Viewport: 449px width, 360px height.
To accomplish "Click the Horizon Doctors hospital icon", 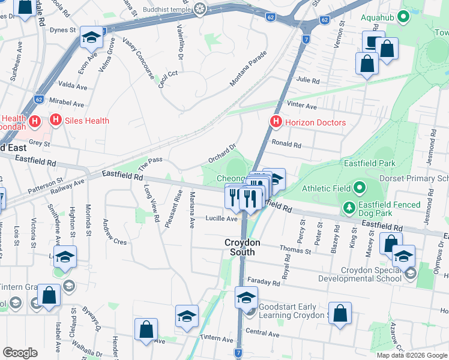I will [x=276, y=122].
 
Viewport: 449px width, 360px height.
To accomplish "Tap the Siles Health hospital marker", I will [x=56, y=121].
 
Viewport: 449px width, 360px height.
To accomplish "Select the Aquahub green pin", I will [x=404, y=17].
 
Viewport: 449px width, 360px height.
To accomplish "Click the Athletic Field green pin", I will [x=360, y=188].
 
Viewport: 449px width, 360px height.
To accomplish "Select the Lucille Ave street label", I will [x=221, y=219].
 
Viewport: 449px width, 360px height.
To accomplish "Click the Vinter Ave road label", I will [x=302, y=106].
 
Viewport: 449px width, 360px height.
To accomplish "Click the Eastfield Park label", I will [x=369, y=163].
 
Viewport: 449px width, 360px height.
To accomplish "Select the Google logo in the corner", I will [x=20, y=353].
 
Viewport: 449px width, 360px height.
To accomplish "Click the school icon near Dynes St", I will [x=91, y=39].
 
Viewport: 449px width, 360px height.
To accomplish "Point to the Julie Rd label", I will [x=308, y=80].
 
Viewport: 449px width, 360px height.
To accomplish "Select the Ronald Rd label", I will [x=286, y=144].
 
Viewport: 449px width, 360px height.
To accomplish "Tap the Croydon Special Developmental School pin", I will [x=410, y=274].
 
